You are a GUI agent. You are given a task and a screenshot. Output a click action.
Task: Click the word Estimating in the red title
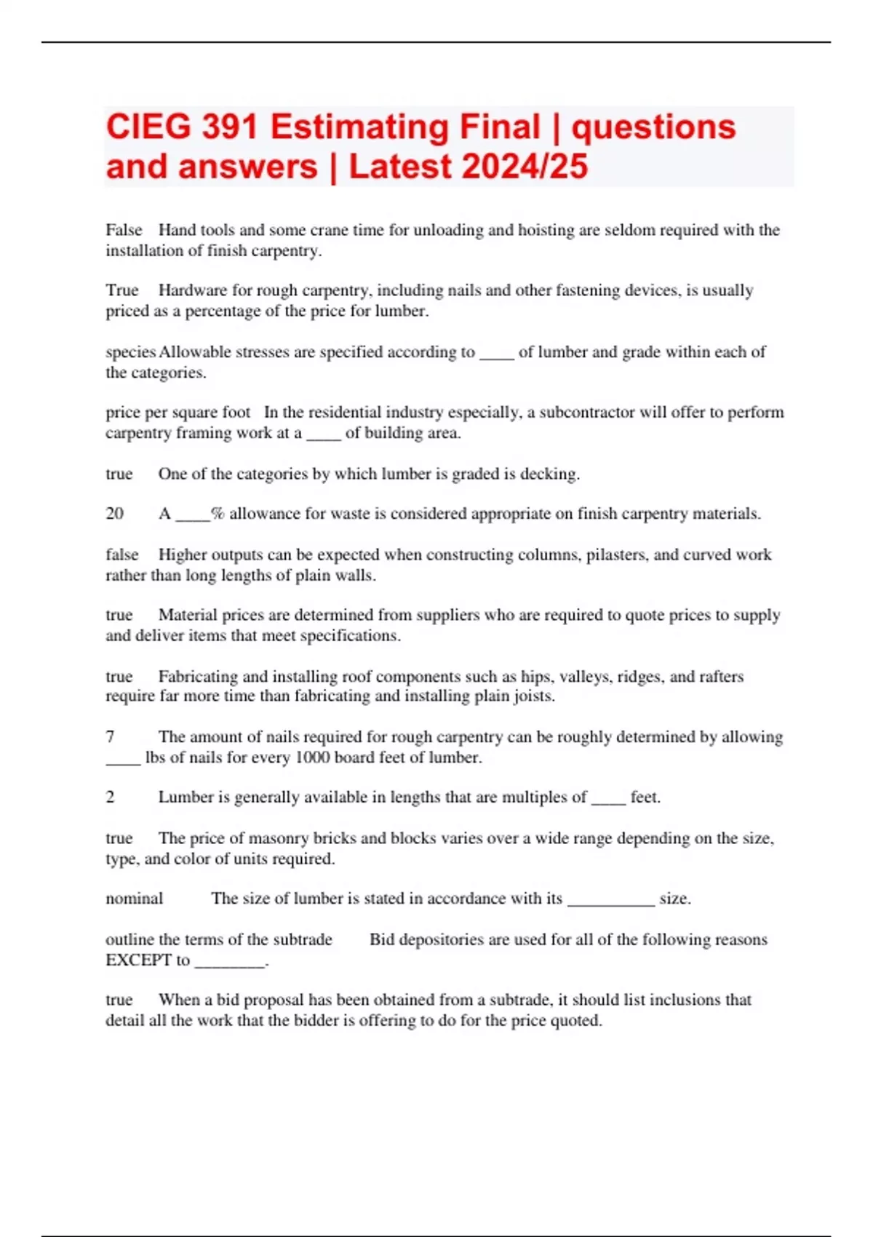pos(405,127)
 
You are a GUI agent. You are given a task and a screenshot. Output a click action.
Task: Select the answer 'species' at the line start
pos(130,352)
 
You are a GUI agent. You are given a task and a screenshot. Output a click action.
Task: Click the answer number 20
pos(114,514)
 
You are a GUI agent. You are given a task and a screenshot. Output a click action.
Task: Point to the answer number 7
pos(110,736)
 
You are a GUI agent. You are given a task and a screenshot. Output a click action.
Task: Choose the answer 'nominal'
pos(134,899)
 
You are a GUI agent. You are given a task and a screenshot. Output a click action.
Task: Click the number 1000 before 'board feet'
pos(312,757)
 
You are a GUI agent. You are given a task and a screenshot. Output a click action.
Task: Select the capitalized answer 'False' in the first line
pos(124,230)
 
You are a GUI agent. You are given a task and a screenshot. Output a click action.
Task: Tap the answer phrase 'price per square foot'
pos(178,413)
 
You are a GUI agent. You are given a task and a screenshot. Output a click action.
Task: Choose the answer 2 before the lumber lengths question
pos(110,798)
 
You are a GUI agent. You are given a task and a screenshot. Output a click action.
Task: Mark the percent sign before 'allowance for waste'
pos(218,514)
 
